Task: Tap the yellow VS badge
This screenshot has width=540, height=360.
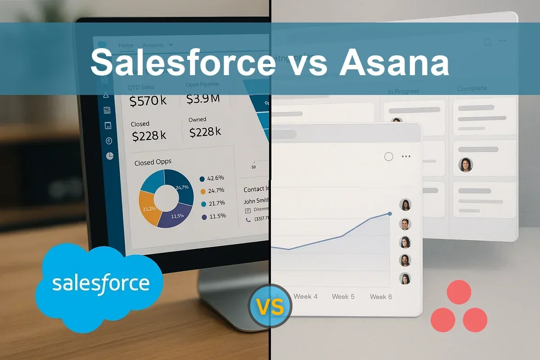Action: coord(270,307)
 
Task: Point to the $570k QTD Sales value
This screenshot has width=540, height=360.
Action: coord(148,101)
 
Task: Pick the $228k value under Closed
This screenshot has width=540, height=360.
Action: coord(149,135)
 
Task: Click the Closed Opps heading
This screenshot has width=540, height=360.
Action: coord(153,162)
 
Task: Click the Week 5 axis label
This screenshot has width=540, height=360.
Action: coord(343,297)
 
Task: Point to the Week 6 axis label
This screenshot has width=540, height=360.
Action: coord(381,297)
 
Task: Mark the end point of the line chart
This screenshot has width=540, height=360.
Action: coord(389,214)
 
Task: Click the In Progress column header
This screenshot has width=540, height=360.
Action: coord(403,91)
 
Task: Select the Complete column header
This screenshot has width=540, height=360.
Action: coord(472,89)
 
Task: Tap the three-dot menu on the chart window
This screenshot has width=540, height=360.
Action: coord(406,157)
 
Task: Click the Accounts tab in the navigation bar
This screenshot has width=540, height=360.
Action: coord(153,45)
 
